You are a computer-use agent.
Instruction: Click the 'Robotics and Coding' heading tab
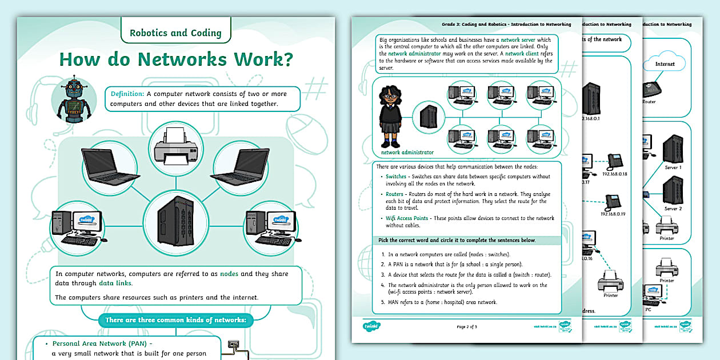click(x=175, y=33)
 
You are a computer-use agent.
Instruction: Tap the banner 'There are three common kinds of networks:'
click(x=175, y=320)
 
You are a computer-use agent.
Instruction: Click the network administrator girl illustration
click(x=391, y=117)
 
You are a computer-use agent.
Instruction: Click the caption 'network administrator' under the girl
click(x=407, y=153)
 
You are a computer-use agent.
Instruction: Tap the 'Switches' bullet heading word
click(x=395, y=177)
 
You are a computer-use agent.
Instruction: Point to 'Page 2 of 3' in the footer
click(x=467, y=327)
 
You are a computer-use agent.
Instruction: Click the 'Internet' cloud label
click(x=665, y=64)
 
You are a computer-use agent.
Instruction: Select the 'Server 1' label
click(x=673, y=167)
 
